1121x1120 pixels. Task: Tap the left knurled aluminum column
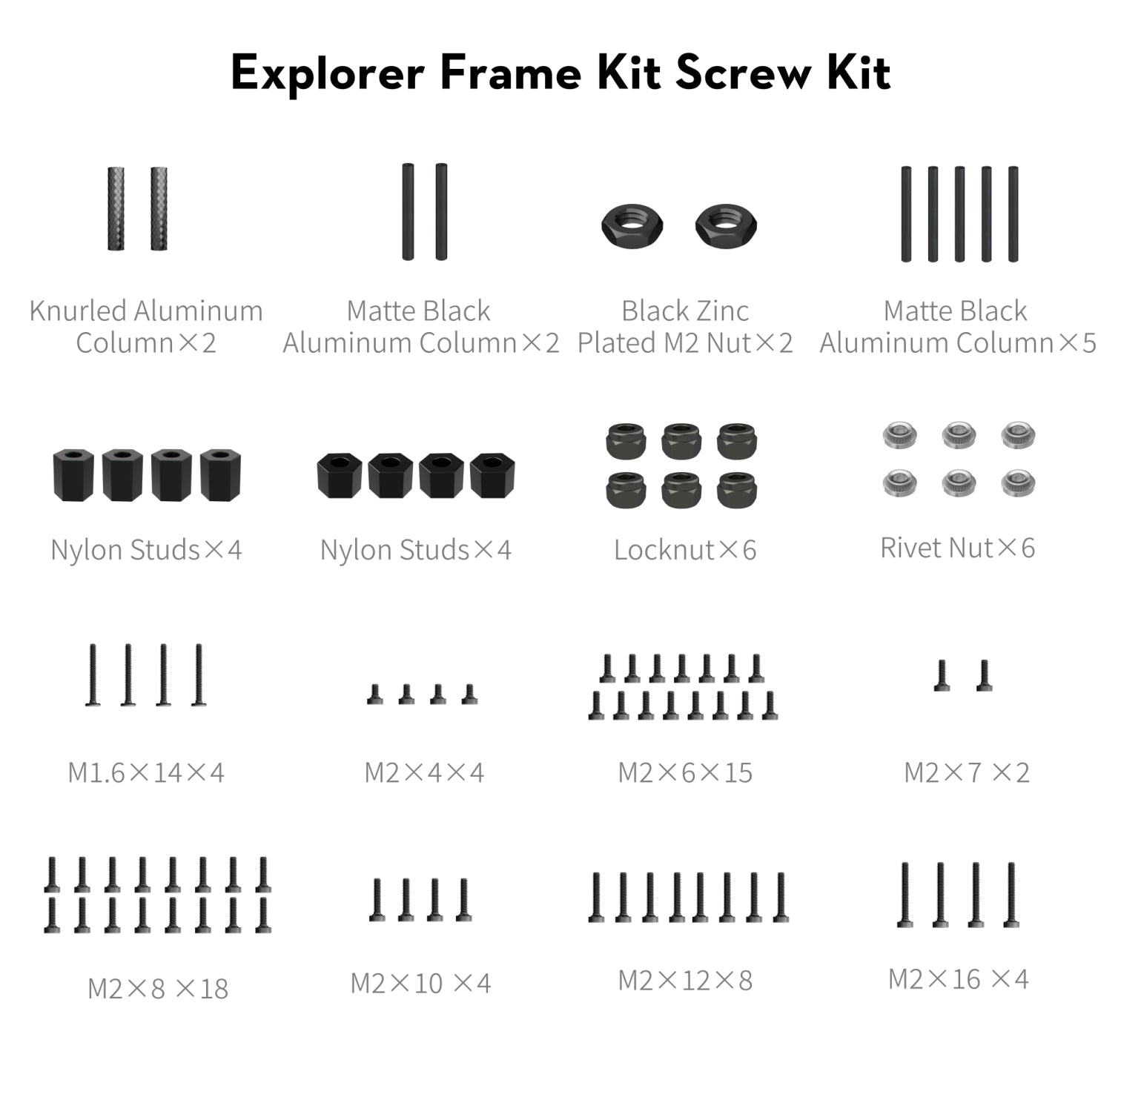pos(116,208)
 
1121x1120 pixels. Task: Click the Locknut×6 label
pos(685,550)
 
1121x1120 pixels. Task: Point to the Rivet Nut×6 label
pos(957,548)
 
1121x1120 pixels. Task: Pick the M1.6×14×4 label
pos(145,772)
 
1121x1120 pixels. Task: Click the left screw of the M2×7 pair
pos(942,675)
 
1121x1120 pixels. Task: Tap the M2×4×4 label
pos(424,772)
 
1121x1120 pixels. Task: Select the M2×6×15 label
pos(685,772)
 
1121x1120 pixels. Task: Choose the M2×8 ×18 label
pos(158,988)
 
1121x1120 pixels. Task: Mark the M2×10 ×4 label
pos(420,983)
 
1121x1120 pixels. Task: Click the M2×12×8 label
pos(685,980)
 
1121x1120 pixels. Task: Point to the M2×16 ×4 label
pos(958,979)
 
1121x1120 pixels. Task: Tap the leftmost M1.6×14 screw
pos(93,675)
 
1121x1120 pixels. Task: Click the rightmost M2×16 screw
pos(1011,895)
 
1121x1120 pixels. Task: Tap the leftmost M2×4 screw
pos(375,695)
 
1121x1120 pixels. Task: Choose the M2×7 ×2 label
pos(967,772)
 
